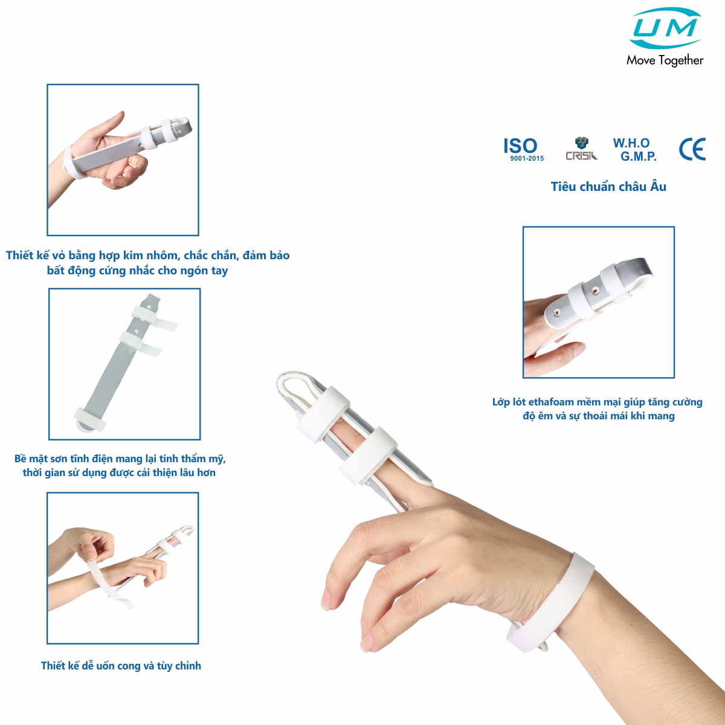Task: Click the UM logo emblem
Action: [666, 28]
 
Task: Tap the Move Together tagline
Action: [665, 60]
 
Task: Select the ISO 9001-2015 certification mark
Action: [523, 149]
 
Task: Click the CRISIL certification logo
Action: [581, 149]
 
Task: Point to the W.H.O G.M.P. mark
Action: [634, 149]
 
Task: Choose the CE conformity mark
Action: [692, 149]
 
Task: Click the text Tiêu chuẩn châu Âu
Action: [608, 187]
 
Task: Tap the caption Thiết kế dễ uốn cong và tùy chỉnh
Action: [121, 666]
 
